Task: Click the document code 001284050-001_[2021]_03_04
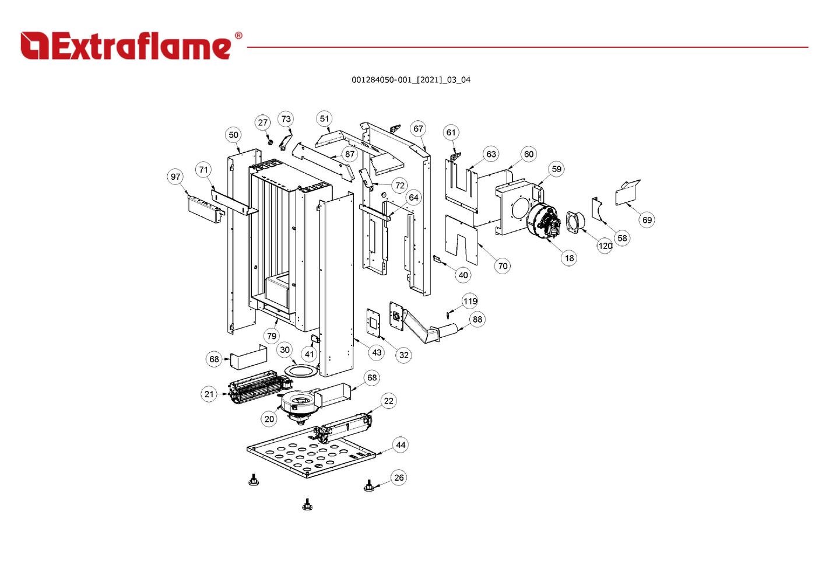pos(410,80)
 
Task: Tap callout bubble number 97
pos(175,177)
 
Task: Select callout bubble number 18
pos(569,258)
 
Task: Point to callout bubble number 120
pos(605,246)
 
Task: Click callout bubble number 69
pos(647,220)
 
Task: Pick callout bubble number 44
pos(401,445)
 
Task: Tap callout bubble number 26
pos(399,478)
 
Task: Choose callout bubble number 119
pos(470,301)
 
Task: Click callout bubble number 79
pos(272,336)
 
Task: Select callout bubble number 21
pos(209,394)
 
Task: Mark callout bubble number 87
pos(349,155)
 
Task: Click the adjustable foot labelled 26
pos(368,486)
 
